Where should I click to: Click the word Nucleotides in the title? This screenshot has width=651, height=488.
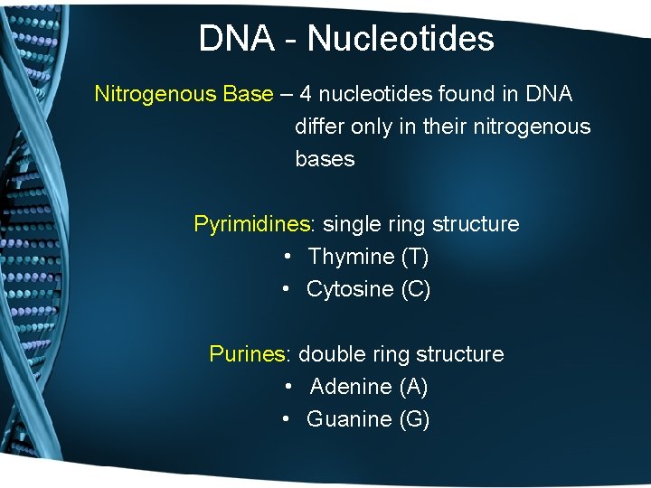(x=401, y=39)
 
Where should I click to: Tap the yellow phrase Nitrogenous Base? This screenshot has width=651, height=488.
(x=184, y=94)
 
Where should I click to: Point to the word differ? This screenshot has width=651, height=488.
(x=319, y=127)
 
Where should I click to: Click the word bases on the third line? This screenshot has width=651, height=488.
(x=325, y=159)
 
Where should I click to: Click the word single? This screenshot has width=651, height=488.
(x=351, y=224)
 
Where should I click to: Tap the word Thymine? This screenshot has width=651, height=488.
(x=351, y=257)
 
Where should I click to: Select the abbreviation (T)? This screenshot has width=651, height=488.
(x=414, y=257)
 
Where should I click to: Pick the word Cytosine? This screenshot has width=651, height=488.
(x=350, y=289)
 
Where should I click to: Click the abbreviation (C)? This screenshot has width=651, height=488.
(x=415, y=289)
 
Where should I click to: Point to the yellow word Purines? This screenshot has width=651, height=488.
(x=247, y=354)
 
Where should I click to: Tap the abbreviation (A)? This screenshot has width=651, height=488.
(x=413, y=387)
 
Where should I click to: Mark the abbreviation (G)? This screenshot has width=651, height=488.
(x=414, y=419)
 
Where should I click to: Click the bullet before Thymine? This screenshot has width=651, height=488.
(x=286, y=257)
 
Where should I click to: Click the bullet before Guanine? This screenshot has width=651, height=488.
(x=285, y=419)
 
